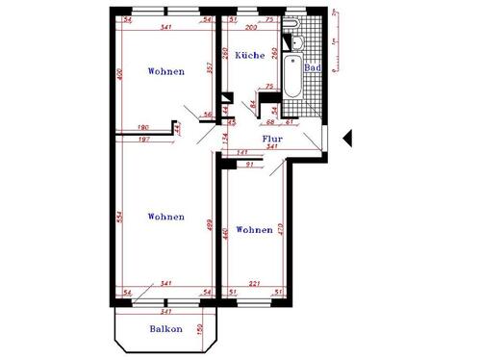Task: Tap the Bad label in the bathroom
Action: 312,69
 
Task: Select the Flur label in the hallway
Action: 272,139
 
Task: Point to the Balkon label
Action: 165,329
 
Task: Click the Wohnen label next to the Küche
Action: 166,72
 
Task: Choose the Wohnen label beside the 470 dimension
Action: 254,230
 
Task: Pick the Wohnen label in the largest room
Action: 166,217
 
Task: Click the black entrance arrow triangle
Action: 348,139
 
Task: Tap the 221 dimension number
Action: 256,283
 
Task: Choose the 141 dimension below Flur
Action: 242,152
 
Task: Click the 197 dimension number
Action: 143,139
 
